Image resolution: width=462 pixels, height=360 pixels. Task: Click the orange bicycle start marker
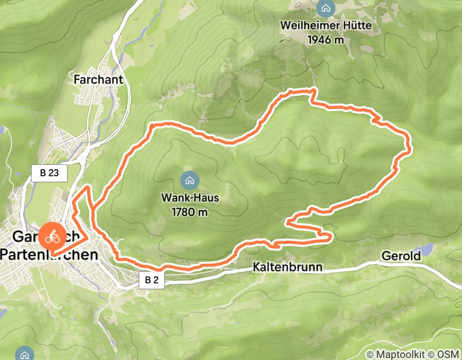pos(51,238)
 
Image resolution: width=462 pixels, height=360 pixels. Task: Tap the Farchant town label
pos(98,80)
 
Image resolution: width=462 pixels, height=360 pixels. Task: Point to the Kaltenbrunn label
pos(287,267)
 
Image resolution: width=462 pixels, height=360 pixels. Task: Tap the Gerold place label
pos(401,256)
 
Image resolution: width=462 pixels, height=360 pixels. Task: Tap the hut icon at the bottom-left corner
pos(23,353)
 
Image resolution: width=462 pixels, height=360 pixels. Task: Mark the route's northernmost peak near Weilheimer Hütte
pos(311,91)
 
